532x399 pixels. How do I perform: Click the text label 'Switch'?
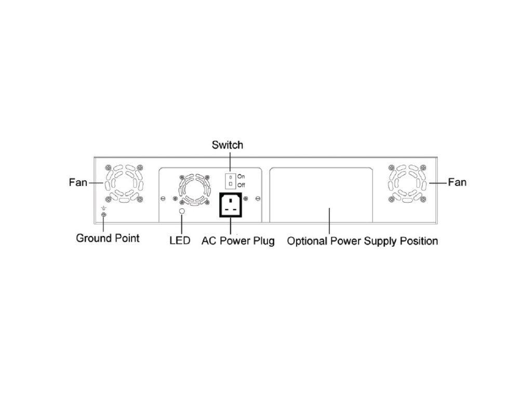click(227, 145)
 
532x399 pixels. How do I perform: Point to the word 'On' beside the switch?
click(241, 177)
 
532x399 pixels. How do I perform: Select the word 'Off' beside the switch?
click(241, 185)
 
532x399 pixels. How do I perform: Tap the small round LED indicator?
click(182, 211)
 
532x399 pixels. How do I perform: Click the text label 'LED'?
click(180, 241)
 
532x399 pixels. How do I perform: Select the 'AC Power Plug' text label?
click(238, 241)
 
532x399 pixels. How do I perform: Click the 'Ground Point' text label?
click(108, 238)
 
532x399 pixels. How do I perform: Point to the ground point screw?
click(103, 215)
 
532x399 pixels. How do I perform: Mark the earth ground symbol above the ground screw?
click(103, 208)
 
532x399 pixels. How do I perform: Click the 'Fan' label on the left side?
click(78, 182)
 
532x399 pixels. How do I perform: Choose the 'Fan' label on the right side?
click(457, 182)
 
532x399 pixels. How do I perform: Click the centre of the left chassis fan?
click(124, 183)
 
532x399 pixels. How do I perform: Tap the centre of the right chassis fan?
click(408, 183)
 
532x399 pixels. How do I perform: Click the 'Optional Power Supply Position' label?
click(362, 241)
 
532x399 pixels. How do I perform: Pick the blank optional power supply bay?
click(321, 195)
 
